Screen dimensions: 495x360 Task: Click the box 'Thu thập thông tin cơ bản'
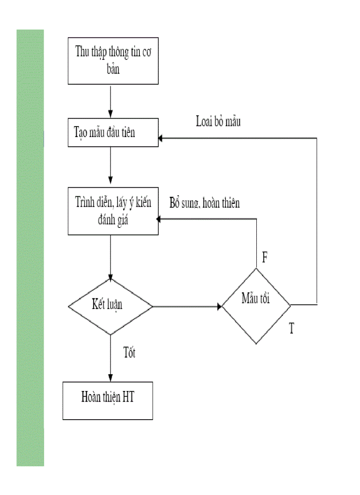113,60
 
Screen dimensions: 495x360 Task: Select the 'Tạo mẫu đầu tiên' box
113,132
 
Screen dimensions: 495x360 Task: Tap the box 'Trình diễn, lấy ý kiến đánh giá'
113,211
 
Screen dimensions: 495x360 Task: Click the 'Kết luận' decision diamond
110,306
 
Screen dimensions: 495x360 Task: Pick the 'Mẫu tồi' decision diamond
256,305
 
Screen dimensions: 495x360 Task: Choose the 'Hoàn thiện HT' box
108,400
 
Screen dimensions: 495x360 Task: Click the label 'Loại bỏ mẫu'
218,122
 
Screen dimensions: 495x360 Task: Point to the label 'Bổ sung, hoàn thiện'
205,203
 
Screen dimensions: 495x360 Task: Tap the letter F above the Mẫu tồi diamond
265,258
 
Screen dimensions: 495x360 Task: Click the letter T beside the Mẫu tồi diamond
292,328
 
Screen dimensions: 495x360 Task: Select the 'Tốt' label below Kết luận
129,354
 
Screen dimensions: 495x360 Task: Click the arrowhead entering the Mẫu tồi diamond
219,306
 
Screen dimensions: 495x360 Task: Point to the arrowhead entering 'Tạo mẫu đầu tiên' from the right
161,138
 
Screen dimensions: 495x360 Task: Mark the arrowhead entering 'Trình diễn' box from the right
161,219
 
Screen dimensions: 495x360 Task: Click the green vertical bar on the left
30,247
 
